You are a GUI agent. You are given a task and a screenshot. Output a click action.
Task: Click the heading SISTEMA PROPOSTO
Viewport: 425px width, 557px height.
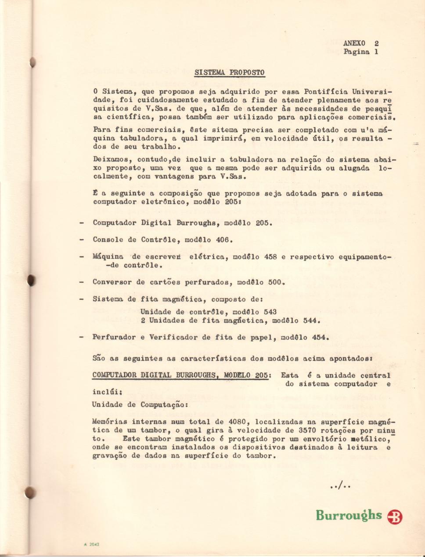click(229, 72)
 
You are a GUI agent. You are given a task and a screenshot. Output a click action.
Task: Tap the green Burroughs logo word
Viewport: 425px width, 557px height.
click(349, 515)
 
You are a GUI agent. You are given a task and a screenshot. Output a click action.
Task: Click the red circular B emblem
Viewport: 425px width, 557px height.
click(395, 517)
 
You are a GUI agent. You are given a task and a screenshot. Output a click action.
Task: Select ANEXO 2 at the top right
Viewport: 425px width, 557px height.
click(361, 43)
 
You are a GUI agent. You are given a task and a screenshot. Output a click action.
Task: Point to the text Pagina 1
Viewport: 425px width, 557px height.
click(361, 52)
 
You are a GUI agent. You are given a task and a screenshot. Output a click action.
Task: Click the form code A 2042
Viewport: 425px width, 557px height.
click(91, 544)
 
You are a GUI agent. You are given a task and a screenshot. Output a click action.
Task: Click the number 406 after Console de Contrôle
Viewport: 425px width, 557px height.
click(223, 240)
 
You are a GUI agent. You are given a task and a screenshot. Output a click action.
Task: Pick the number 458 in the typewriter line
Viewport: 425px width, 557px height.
click(270, 257)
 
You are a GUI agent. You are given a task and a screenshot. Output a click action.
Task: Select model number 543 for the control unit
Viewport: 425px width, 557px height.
click(270, 312)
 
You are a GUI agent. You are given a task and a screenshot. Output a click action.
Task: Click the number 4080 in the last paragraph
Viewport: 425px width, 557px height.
click(237, 422)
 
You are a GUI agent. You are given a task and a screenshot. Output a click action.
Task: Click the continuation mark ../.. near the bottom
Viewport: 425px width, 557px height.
click(340, 486)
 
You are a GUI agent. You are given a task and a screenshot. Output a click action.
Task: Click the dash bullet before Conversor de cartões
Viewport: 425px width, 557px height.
click(82, 282)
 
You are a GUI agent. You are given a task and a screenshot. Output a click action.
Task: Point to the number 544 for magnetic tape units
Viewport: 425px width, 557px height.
click(310, 320)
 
